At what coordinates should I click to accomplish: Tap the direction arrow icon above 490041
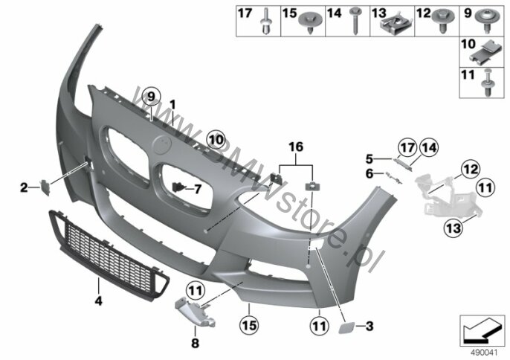coord(482,331)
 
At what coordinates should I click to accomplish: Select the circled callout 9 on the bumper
coord(150,97)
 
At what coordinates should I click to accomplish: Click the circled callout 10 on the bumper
coord(216,140)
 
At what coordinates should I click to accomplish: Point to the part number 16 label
coord(296,147)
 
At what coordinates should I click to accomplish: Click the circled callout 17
coord(407,148)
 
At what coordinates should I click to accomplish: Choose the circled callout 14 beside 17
coord(429,148)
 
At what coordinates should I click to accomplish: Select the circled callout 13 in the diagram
coord(453,228)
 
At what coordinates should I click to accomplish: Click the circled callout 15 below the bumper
coord(250,325)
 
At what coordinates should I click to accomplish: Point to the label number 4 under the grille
coord(99,300)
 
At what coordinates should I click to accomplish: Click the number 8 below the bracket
coord(195,343)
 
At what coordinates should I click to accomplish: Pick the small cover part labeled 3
coord(345,327)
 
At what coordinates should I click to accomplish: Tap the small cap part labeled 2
coord(45,188)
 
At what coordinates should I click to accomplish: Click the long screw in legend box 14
coord(355,21)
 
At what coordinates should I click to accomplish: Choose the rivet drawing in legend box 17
coord(265,22)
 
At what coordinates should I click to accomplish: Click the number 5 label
coord(369,159)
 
